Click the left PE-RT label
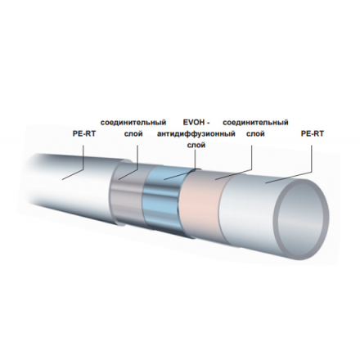click(x=84, y=134)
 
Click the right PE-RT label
click(x=312, y=134)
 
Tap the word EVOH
click(x=193, y=123)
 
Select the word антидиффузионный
click(x=196, y=134)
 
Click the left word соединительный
click(x=133, y=123)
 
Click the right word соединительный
click(x=255, y=123)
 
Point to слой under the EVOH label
click(x=196, y=146)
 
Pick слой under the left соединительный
click(x=133, y=134)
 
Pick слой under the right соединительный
click(x=255, y=134)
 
